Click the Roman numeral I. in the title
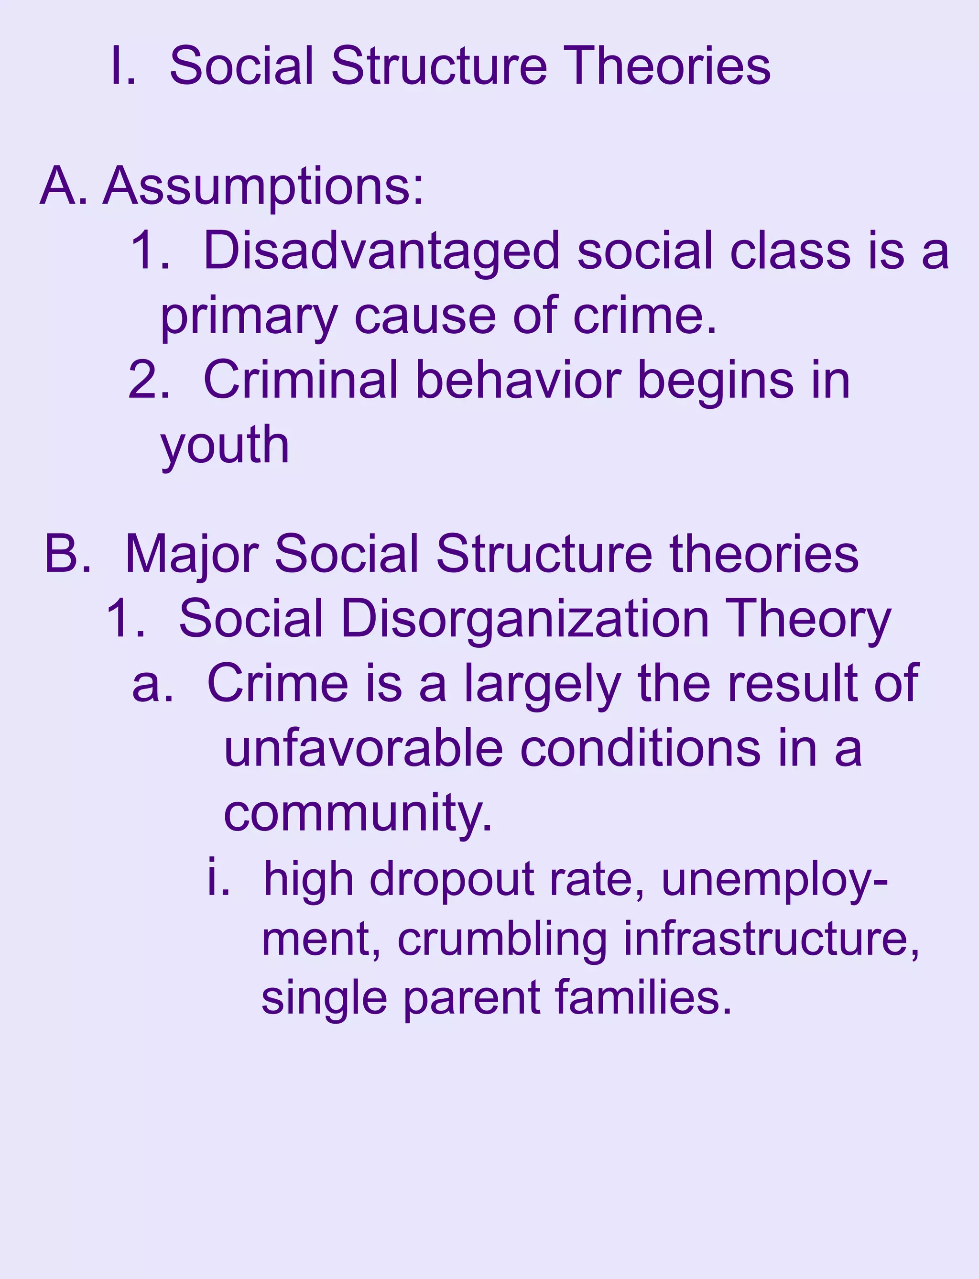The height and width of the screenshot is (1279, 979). point(122,66)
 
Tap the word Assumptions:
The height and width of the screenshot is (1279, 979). point(263,186)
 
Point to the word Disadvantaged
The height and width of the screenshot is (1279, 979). point(381,252)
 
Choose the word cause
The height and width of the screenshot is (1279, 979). point(425,317)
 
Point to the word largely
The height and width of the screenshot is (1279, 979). point(543,686)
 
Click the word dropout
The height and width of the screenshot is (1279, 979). point(452,880)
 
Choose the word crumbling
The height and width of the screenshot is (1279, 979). point(502,940)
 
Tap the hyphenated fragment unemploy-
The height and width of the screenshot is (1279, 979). point(774,880)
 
